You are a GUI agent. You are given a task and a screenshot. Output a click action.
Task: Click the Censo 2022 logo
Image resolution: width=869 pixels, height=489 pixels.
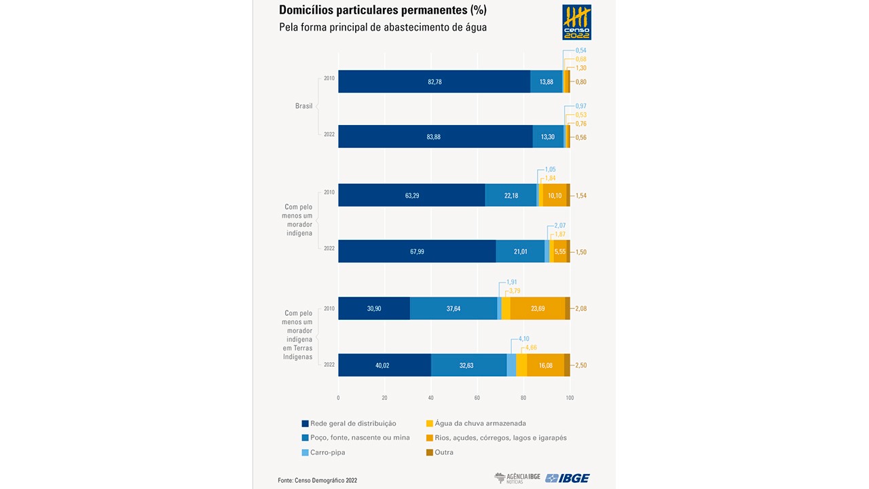coord(576,22)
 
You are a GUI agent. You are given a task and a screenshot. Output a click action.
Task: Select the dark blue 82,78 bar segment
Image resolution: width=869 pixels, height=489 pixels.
coord(434,81)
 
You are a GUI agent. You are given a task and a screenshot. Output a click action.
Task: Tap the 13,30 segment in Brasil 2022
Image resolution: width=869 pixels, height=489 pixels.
coord(547,137)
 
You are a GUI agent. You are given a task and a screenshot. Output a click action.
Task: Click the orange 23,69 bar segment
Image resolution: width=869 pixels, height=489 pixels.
coord(538,308)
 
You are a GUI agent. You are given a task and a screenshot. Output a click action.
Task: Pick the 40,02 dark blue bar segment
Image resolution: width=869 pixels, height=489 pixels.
coord(384,365)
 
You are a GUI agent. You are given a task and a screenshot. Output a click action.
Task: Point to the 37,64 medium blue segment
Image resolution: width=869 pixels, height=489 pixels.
coord(454,308)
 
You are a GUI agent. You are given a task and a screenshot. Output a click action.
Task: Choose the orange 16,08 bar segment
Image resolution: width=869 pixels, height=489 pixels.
coord(545,365)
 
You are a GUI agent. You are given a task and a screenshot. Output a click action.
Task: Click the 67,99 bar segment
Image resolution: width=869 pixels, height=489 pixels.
coord(417,251)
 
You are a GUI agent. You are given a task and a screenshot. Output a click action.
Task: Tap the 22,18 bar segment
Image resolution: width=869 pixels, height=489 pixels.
coord(511,196)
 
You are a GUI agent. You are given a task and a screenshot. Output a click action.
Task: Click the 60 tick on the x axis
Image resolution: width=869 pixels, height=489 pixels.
coord(477,398)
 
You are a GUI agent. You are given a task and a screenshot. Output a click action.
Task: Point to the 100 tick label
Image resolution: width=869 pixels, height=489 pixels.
coord(570,398)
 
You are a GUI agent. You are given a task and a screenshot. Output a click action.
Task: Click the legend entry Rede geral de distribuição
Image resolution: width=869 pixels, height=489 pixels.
coord(349,424)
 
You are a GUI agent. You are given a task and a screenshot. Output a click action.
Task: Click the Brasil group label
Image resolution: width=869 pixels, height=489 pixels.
coord(303,106)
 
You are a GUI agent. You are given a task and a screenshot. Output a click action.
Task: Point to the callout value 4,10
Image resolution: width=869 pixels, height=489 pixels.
coord(524,339)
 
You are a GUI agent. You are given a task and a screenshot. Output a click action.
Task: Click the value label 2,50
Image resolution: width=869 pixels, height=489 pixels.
coord(580,365)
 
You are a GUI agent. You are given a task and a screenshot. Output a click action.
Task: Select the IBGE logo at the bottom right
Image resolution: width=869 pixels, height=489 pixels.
coord(568,478)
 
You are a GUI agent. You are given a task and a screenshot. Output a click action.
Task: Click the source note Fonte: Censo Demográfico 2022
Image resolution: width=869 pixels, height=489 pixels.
coord(317,480)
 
